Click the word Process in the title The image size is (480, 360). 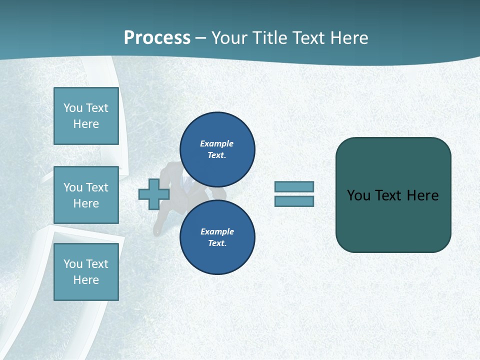coord(157,38)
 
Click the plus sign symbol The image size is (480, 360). coord(153,194)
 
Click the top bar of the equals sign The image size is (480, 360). coord(294,186)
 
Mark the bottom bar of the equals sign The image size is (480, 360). coord(294,201)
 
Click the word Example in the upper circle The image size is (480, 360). coord(217,143)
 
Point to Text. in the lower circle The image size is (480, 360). coord(217,243)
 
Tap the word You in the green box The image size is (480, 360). coord(358,195)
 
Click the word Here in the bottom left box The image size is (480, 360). coord(86,280)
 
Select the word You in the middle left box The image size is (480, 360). coord(72,187)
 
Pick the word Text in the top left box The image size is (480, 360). coord(97,108)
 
